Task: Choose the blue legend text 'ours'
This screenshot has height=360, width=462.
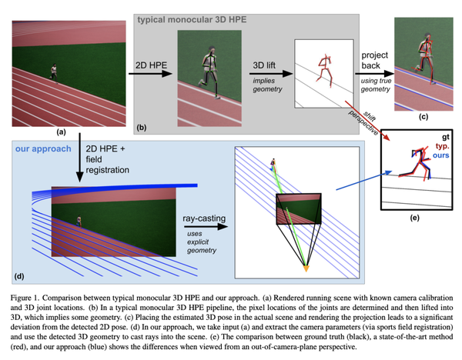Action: point(440,155)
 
